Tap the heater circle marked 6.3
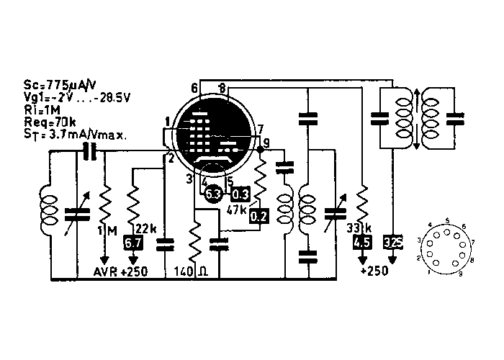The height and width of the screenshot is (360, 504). coord(213,194)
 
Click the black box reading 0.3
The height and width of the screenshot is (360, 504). coord(240,194)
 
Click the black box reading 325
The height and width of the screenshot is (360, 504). coord(394,243)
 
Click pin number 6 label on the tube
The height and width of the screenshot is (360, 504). coord(194,88)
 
